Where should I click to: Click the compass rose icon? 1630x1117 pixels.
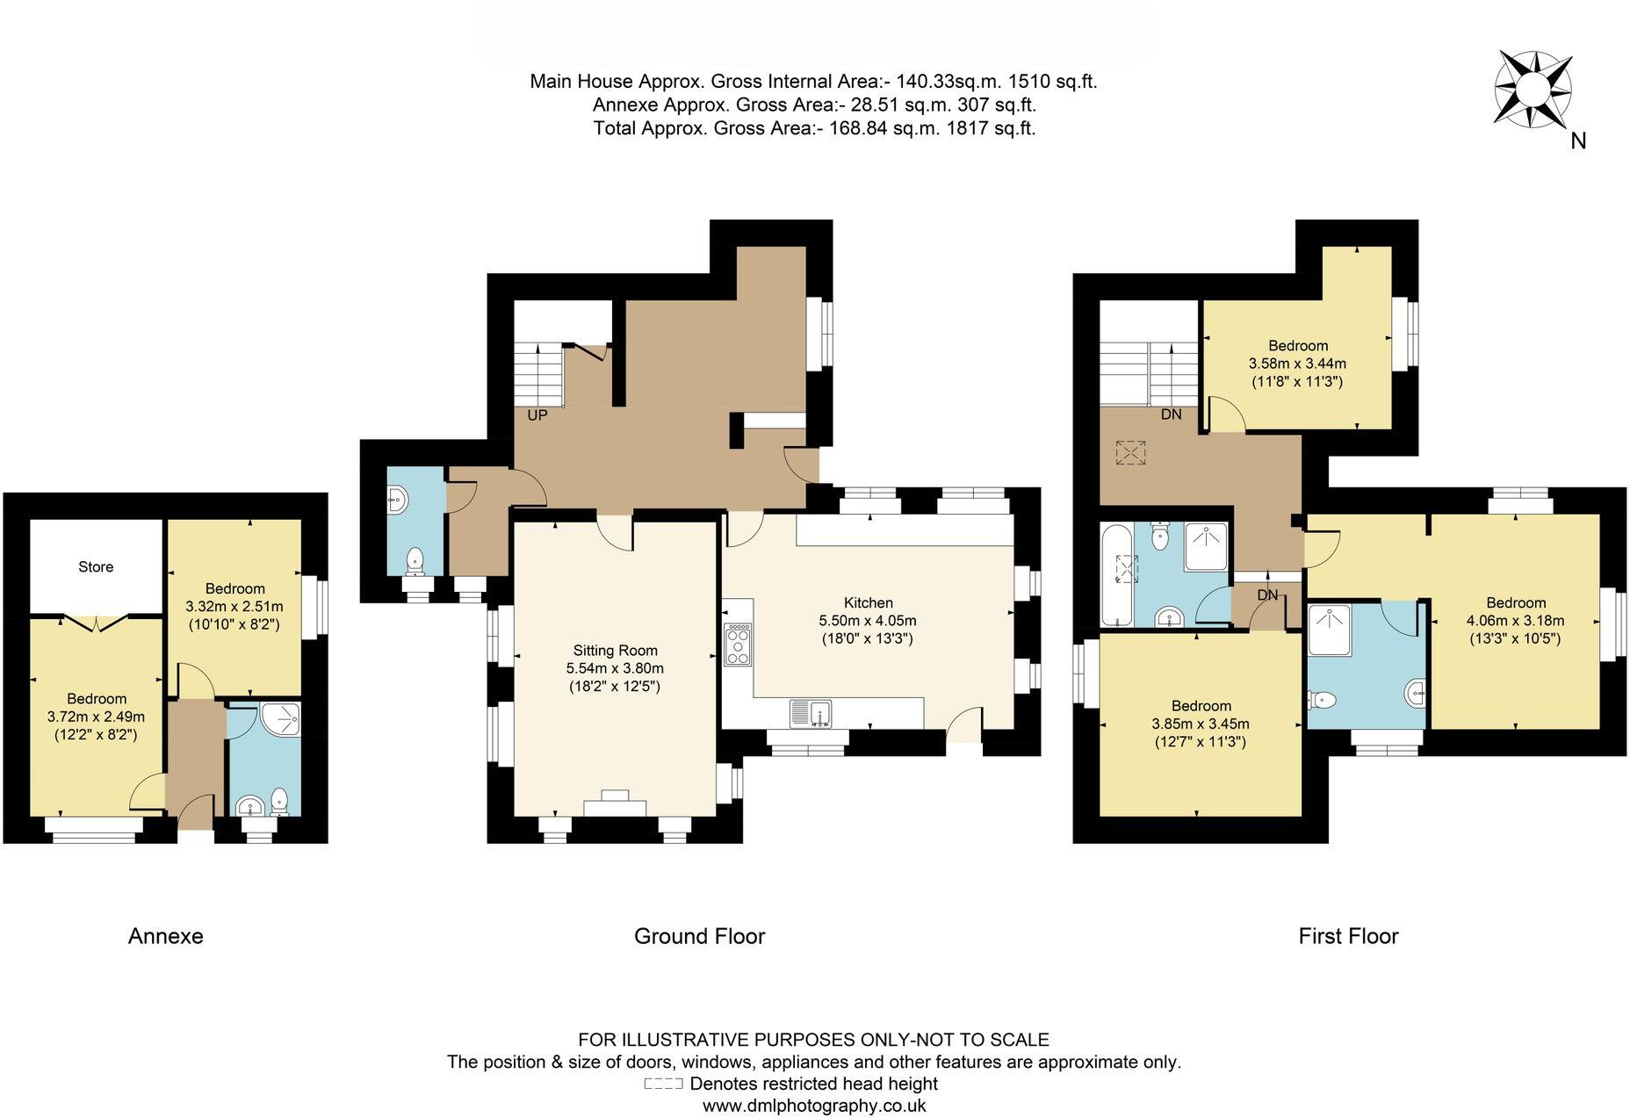point(1533,88)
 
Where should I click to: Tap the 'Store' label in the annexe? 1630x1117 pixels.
point(96,567)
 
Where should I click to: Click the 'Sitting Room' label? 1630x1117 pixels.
point(615,651)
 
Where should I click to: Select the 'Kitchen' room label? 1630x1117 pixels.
point(868,602)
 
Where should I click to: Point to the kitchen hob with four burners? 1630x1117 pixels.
point(738,644)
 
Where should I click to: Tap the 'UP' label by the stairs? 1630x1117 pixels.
point(537,415)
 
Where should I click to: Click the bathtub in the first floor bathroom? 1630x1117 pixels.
point(1116,575)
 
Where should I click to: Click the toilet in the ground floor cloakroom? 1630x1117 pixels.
point(414,561)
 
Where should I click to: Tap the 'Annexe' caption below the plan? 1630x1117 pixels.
point(166,936)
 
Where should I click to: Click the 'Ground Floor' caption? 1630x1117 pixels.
point(700,936)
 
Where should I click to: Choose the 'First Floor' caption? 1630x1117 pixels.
point(1348,936)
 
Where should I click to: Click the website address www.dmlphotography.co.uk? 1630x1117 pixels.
point(814,1106)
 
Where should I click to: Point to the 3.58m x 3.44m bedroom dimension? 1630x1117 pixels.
point(1297,364)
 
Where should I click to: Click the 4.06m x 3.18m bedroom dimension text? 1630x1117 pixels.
point(1515,621)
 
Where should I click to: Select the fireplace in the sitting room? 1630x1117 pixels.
point(615,804)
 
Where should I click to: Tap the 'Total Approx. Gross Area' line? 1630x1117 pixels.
point(814,128)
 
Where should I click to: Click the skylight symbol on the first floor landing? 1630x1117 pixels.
point(1131,453)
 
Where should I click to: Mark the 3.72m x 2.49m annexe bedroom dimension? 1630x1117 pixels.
point(96,717)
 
